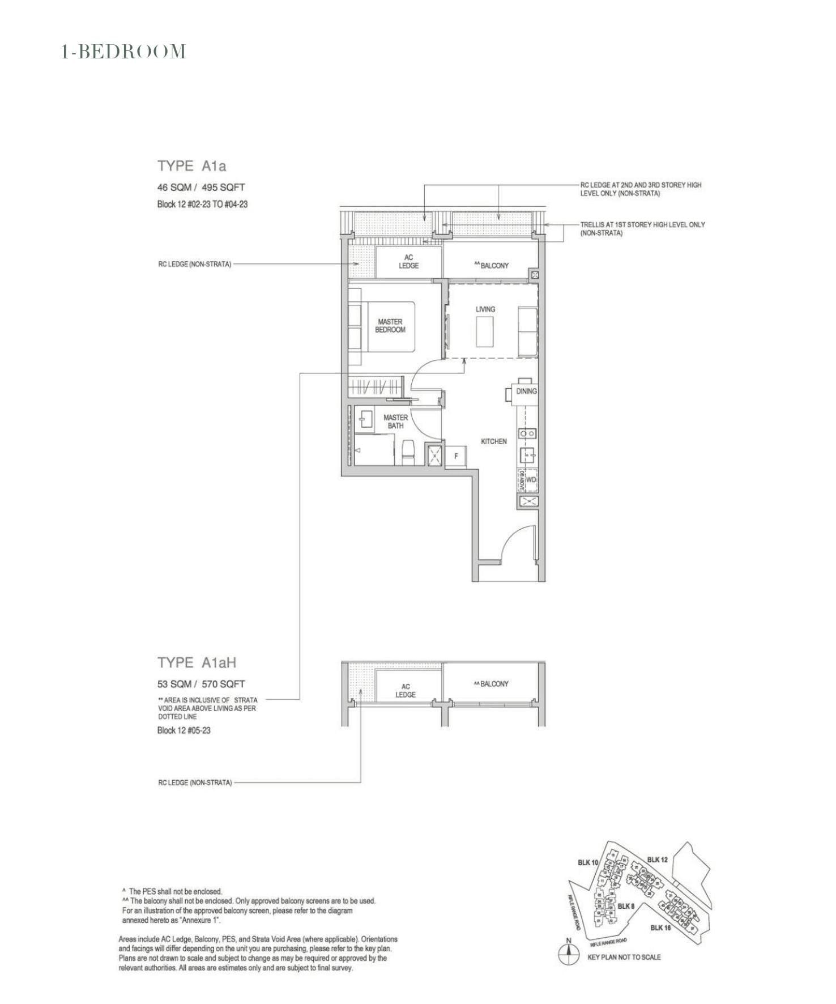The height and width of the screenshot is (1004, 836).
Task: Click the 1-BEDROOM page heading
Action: pos(123,52)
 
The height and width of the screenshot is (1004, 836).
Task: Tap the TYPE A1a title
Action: pos(191,166)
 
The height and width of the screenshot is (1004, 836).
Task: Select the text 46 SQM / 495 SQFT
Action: pos(201,187)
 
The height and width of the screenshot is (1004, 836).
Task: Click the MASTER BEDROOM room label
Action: pos(390,326)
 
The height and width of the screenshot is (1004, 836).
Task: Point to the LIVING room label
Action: pos(485,309)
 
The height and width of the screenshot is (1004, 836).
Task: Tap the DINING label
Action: pos(526,391)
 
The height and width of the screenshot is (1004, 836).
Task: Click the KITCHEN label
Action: pos(493,441)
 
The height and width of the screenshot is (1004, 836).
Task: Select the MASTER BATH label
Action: pos(395,422)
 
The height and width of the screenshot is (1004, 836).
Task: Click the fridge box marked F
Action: pos(456,456)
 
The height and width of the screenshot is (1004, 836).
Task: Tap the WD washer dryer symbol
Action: pos(531,480)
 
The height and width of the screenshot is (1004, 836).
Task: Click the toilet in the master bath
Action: pos(408,452)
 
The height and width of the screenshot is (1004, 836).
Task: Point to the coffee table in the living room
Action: pos(485,332)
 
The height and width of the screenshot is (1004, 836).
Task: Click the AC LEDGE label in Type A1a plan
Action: pos(408,262)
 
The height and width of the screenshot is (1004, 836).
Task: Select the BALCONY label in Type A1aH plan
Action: pos(492,684)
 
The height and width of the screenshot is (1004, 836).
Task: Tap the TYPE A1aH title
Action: pos(197,662)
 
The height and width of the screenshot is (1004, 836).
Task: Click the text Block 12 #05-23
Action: pos(184,730)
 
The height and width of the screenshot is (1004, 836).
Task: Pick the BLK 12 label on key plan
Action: pos(657,860)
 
